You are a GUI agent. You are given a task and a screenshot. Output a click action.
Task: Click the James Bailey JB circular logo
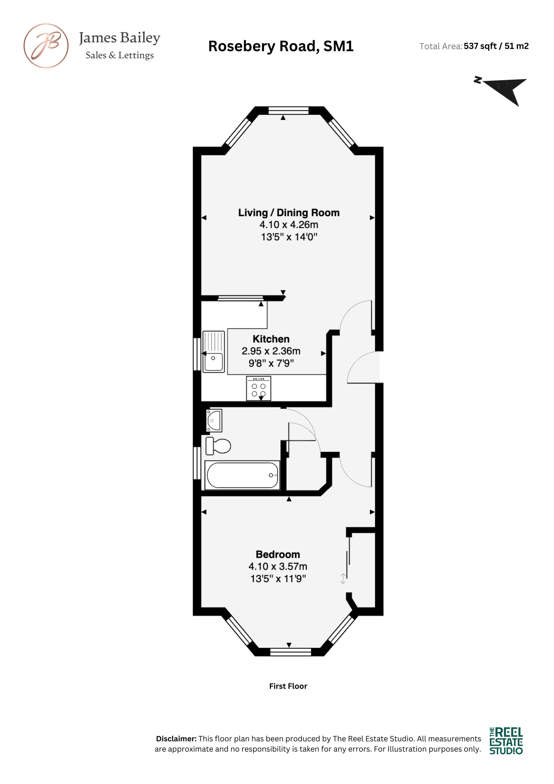coord(46,46)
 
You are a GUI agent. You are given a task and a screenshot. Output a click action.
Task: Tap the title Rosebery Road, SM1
coord(281,46)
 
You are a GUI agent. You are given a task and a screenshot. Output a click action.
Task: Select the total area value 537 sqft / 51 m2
coord(496,46)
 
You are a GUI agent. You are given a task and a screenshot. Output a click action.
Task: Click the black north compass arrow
coord(505,90)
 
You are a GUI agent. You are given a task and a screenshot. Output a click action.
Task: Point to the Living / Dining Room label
coord(289,213)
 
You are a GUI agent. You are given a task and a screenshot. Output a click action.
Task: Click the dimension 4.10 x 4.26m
coord(289,225)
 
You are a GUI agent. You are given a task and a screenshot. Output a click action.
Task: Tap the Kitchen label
coord(271,339)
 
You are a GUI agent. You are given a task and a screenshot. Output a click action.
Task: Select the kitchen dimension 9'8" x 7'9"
coord(271,363)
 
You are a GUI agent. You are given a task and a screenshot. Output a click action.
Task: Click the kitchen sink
coord(214,351)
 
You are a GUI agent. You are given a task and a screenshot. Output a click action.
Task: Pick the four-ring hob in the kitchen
coord(258,388)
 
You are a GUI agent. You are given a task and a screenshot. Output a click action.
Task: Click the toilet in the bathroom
coord(218,446)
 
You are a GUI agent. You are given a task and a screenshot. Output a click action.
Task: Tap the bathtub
coord(242,475)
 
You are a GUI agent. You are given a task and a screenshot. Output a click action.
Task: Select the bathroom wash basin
coord(214,420)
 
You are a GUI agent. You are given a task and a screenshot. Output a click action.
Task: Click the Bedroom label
coord(278,554)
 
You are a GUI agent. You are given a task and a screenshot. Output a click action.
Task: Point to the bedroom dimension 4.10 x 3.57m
coord(278,566)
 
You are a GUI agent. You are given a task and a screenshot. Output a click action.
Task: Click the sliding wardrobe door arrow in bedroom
coord(343,578)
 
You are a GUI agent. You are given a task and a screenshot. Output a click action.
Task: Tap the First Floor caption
coord(288,686)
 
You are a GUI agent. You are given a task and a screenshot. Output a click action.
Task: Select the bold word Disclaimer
coord(176,739)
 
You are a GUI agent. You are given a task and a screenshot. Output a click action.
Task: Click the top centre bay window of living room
coord(288,110)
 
